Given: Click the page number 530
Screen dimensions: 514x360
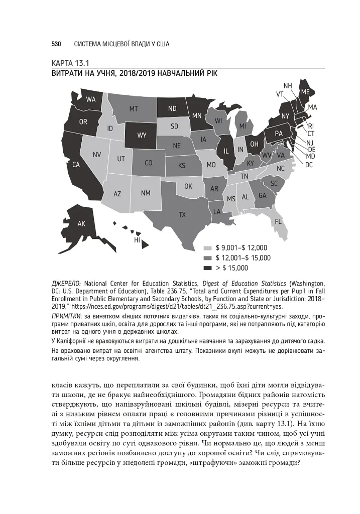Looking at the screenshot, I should tap(56, 44).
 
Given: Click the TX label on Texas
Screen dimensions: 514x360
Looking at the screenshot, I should tap(182, 214).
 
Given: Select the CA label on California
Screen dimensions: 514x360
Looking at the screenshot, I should tap(76, 164).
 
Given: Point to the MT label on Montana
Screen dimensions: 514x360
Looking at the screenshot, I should tap(134, 108).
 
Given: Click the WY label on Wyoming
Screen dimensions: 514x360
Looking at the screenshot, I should tap(142, 136).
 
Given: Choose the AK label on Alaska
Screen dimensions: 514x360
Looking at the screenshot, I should tap(81, 224).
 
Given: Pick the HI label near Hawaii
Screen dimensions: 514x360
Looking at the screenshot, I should tap(137, 240).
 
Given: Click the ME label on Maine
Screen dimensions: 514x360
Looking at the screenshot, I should tap(305, 92).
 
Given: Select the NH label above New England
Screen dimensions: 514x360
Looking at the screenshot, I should tap(288, 86).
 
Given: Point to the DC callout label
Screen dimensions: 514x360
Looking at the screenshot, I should tap(309, 164).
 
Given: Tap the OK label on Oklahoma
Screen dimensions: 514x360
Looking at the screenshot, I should tap(188, 186).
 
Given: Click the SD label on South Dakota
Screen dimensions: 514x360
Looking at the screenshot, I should tap(174, 126).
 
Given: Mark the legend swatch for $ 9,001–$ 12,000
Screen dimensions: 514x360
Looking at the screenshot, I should tap(207, 248).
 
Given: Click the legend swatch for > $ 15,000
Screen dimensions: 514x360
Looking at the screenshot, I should tap(207, 268).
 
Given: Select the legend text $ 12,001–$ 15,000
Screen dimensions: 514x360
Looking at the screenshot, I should tap(243, 258).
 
